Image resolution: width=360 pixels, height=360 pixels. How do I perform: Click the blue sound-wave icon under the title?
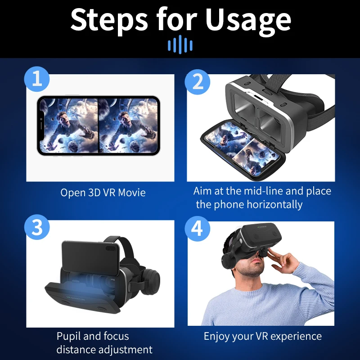180,45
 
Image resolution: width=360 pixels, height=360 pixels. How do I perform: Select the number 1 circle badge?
37,80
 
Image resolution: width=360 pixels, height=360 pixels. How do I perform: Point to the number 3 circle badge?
37,227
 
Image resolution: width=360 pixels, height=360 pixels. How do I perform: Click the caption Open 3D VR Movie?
103,193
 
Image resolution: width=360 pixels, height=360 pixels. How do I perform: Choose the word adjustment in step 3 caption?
125,350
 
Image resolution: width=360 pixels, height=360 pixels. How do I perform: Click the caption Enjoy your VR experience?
263,336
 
